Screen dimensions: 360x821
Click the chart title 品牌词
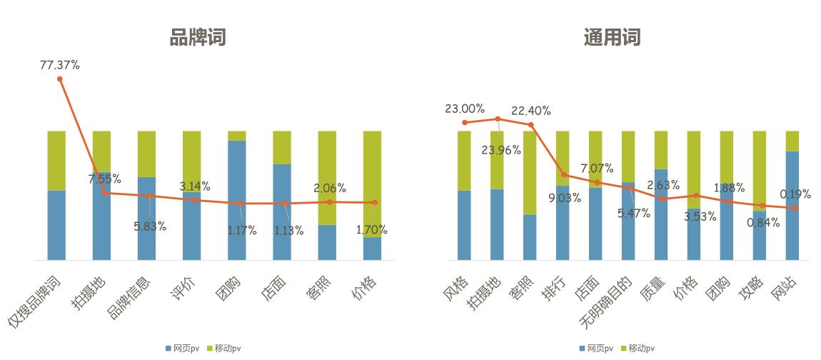pyautogui.click(x=198, y=37)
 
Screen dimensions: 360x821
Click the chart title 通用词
pyautogui.click(x=612, y=37)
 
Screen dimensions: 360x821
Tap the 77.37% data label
pyautogui.click(x=60, y=65)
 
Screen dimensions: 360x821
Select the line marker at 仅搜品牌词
pyautogui.click(x=60, y=79)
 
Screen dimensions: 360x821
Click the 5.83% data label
pyautogui.click(x=150, y=226)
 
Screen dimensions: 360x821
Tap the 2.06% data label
pyautogui.click(x=329, y=189)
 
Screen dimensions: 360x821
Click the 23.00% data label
pyautogui.click(x=465, y=109)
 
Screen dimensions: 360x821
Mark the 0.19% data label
pyautogui.click(x=795, y=194)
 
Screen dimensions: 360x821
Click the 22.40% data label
pyautogui.click(x=531, y=111)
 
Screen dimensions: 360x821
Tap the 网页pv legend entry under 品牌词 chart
pyautogui.click(x=181, y=349)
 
